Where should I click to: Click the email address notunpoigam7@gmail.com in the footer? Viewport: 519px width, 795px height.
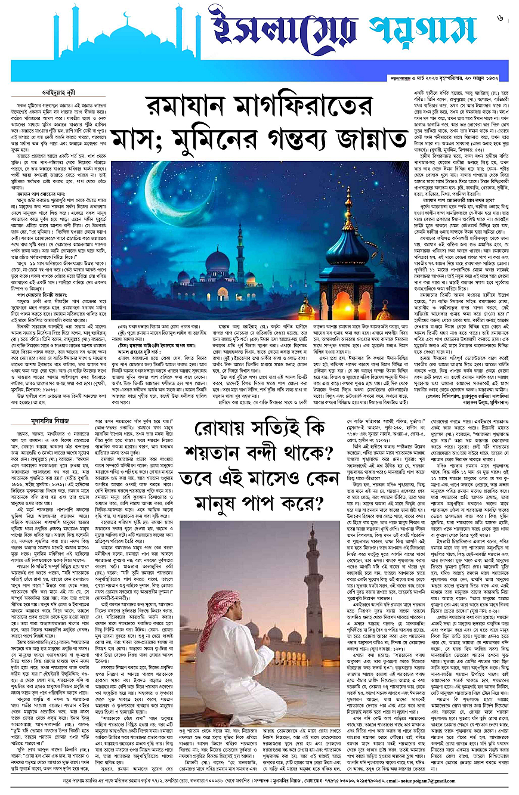click(x=475, y=782)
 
